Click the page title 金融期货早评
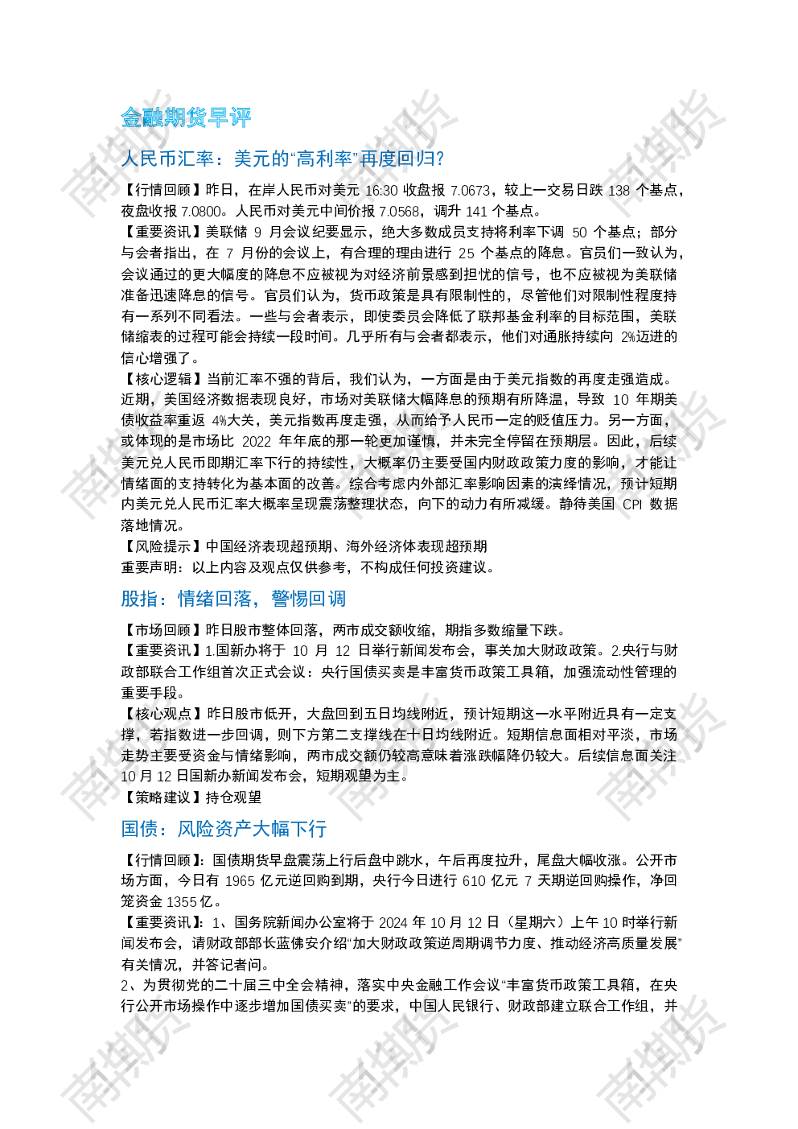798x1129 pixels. pyautogui.click(x=186, y=117)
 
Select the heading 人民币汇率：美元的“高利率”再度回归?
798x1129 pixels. pyautogui.click(x=282, y=159)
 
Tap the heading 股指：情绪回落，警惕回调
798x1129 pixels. pyautogui.click(x=233, y=599)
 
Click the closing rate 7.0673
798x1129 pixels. pyautogui.click(x=470, y=191)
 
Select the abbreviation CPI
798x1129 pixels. pyautogui.click(x=632, y=505)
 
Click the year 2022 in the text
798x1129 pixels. pyautogui.click(x=257, y=442)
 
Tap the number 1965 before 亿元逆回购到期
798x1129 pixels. pyautogui.click(x=240, y=881)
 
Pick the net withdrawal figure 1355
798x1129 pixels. pyautogui.click(x=181, y=902)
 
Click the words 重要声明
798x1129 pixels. pyautogui.click(x=149, y=567)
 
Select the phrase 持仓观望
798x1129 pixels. pyautogui.click(x=234, y=797)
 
